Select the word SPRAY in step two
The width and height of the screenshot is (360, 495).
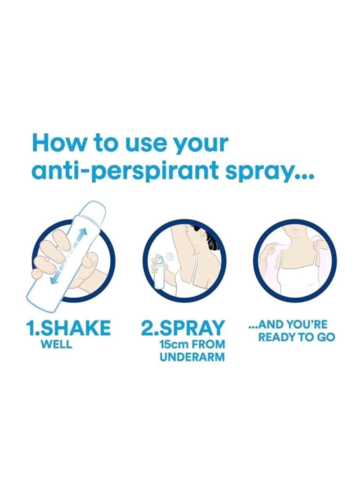point(194,328)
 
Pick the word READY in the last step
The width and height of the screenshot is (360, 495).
point(277,337)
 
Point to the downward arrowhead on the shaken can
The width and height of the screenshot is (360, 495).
point(54,280)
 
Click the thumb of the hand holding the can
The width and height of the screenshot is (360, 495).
point(90,261)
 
